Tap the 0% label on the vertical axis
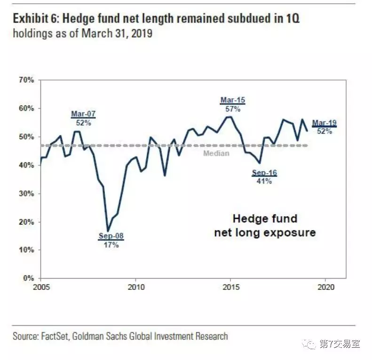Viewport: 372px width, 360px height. tap(29, 278)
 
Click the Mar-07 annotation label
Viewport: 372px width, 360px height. tap(83, 114)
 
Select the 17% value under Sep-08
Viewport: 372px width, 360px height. tap(111, 245)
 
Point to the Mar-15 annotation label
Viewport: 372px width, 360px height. tap(233, 100)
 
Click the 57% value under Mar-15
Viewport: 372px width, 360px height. tap(233, 109)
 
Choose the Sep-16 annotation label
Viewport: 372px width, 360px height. tap(264, 173)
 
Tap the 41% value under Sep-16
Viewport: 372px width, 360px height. tap(264, 181)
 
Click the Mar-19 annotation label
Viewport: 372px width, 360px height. tap(325, 123)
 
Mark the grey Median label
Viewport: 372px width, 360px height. tap(216, 153)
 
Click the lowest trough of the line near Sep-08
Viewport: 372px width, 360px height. tap(108, 230)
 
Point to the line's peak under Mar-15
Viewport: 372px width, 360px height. tap(229, 117)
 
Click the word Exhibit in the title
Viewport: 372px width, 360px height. tap(30, 19)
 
